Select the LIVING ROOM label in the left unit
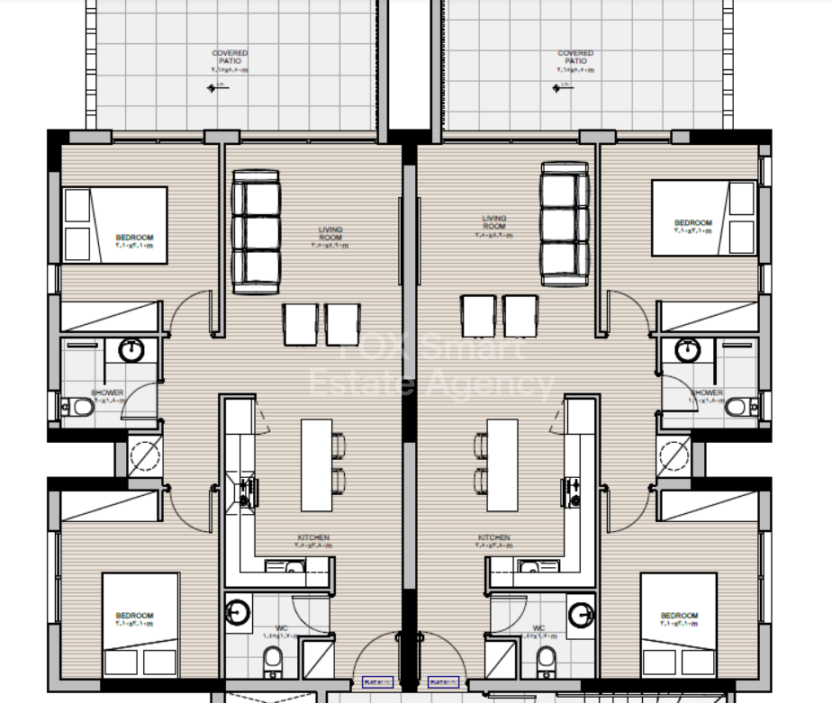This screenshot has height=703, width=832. click(x=330, y=233)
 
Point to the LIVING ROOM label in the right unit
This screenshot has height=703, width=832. click(x=494, y=222)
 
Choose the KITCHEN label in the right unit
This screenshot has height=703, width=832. click(x=494, y=537)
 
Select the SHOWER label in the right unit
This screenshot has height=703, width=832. click(x=707, y=392)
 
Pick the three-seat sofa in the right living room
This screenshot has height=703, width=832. click(x=565, y=223)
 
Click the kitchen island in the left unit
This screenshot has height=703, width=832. click(x=316, y=464)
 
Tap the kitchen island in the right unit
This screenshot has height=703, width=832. click(x=502, y=464)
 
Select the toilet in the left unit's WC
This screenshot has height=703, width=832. click(x=273, y=664)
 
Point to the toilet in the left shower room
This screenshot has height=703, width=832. click(x=80, y=408)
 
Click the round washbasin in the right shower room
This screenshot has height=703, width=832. click(x=688, y=349)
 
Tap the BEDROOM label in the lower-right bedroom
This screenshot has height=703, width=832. click(x=679, y=617)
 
